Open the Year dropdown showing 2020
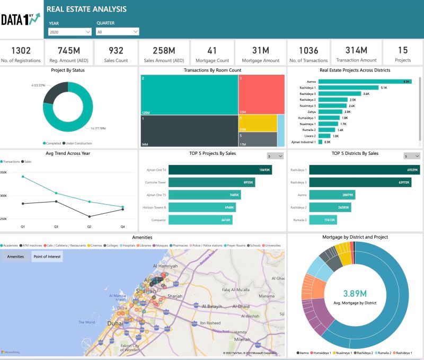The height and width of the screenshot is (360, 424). click(69, 32)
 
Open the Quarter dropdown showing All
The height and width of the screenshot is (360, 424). click(117, 32)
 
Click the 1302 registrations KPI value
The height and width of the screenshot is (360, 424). click(21, 50)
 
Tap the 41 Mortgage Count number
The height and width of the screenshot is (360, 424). click(212, 50)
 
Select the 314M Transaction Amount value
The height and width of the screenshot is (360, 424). click(356, 50)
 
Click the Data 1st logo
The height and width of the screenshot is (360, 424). click(20, 20)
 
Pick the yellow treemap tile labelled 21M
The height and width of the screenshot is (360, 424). click(257, 123)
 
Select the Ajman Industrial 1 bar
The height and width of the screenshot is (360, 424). click(320, 142)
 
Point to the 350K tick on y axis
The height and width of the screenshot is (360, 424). click(4, 173)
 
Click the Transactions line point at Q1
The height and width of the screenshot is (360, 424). click(23, 177)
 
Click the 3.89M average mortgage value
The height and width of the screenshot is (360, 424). click(356, 293)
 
